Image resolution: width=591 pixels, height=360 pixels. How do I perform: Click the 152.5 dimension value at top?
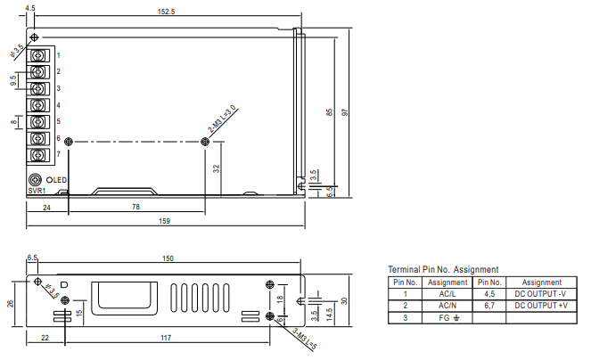(x=166, y=12)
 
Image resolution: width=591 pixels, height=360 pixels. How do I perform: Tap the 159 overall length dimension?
(x=164, y=221)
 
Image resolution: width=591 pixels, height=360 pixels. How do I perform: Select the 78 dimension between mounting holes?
(x=135, y=207)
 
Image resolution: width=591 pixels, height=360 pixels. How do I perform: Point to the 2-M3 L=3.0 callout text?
(x=222, y=119)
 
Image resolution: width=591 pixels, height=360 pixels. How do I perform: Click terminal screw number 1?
(x=37, y=56)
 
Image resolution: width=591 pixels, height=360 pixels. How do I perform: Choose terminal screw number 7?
(x=37, y=155)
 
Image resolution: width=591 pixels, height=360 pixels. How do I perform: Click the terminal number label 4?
(x=59, y=105)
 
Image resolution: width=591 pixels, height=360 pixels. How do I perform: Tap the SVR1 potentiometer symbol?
(x=35, y=180)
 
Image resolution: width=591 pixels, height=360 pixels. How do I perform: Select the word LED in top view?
(x=60, y=180)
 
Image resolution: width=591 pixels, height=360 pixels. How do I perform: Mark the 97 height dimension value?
(x=344, y=112)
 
